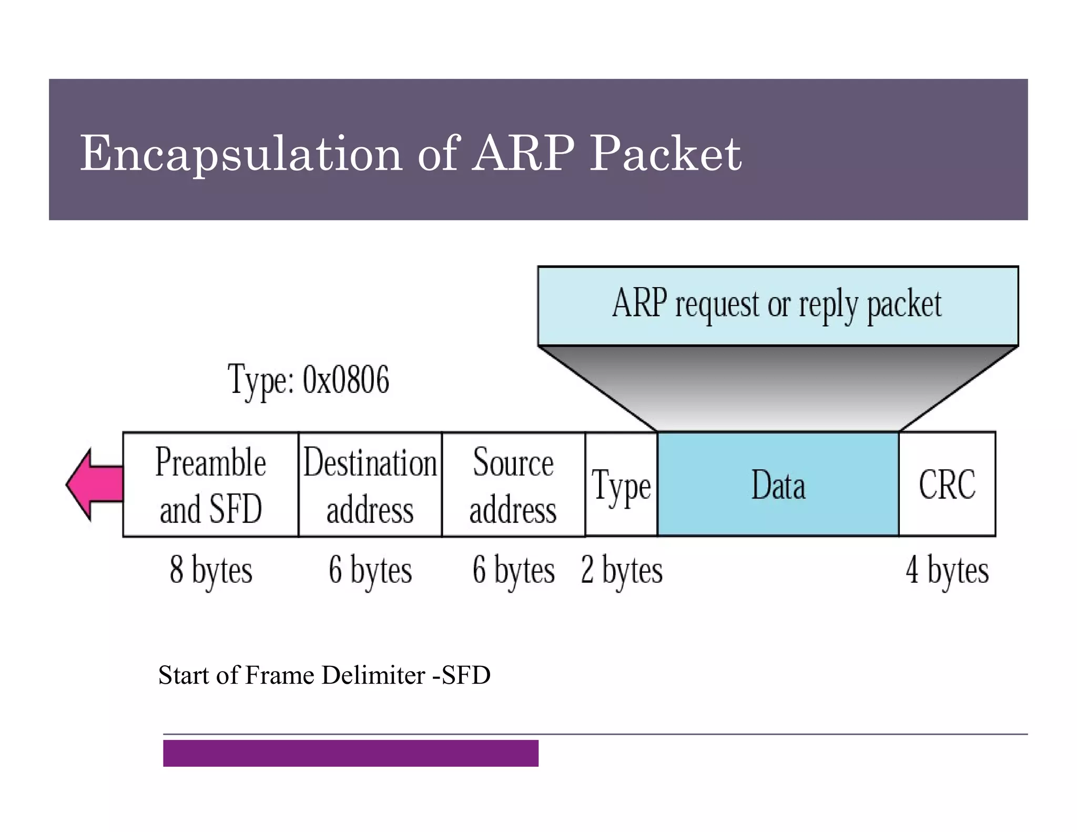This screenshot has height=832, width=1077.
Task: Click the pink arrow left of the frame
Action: pyautogui.click(x=95, y=484)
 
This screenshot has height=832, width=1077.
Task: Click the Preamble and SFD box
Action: pyautogui.click(x=210, y=484)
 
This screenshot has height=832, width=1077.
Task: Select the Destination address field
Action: pyautogui.click(x=370, y=484)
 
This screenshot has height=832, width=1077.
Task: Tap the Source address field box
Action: pyautogui.click(x=513, y=484)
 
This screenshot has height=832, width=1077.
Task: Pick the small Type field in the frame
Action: pyautogui.click(x=621, y=484)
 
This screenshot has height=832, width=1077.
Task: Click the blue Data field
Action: pyautogui.click(x=778, y=484)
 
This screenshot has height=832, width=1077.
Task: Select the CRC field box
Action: pyautogui.click(x=947, y=484)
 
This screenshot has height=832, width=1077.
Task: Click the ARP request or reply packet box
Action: pyautogui.click(x=777, y=305)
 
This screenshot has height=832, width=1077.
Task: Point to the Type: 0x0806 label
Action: pyautogui.click(x=309, y=380)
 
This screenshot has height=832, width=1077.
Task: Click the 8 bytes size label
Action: pyautogui.click(x=210, y=570)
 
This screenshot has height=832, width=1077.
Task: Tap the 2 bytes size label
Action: pyautogui.click(x=622, y=570)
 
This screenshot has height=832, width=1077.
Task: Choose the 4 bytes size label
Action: pyautogui.click(x=947, y=570)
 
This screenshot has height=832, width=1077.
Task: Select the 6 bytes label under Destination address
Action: pyautogui.click(x=370, y=570)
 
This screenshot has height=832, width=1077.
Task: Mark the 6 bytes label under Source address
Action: pyautogui.click(x=513, y=570)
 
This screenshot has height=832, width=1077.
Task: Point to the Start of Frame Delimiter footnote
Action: pyautogui.click(x=324, y=675)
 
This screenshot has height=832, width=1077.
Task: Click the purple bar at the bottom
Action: pyautogui.click(x=350, y=753)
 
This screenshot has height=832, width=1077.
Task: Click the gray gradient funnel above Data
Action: pyautogui.click(x=777, y=389)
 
